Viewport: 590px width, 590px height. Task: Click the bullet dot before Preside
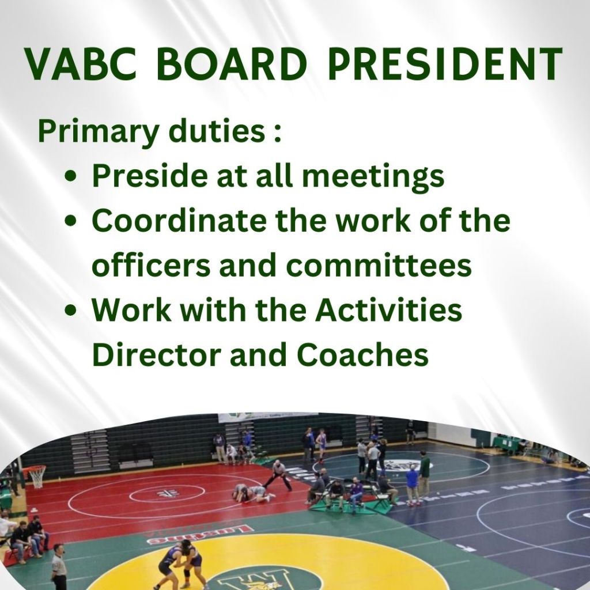point(71,176)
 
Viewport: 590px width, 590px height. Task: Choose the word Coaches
point(362,354)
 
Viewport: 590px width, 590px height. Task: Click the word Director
point(157,354)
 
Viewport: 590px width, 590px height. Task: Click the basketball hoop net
point(37,477)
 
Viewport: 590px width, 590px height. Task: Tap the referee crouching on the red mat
point(278,475)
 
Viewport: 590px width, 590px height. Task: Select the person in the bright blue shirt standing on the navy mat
point(413,485)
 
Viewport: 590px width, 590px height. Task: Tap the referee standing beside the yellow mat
point(59,566)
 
